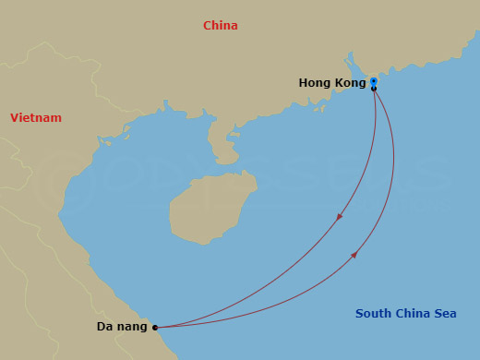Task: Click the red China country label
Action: pyautogui.click(x=221, y=26)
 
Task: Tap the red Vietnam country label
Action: pyautogui.click(x=36, y=118)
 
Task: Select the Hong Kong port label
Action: pyautogui.click(x=331, y=83)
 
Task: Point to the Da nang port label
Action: pyautogui.click(x=122, y=327)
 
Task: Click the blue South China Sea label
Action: pyautogui.click(x=406, y=314)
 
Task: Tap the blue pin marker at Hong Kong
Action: pyautogui.click(x=373, y=81)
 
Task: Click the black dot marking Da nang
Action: pyautogui.click(x=155, y=327)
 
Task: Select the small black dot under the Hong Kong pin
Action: pyautogui.click(x=374, y=89)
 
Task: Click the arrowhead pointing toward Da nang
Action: pyautogui.click(x=340, y=217)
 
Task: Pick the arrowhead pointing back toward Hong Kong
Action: pyautogui.click(x=354, y=255)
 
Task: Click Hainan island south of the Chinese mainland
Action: pyautogui.click(x=198, y=208)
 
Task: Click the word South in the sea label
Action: pyautogui.click(x=374, y=314)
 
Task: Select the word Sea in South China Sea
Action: pyautogui.click(x=445, y=314)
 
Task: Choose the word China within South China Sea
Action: pyautogui.click(x=413, y=314)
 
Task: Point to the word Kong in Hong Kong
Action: pyautogui.click(x=349, y=83)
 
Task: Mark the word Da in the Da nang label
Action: pyautogui.click(x=104, y=327)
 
